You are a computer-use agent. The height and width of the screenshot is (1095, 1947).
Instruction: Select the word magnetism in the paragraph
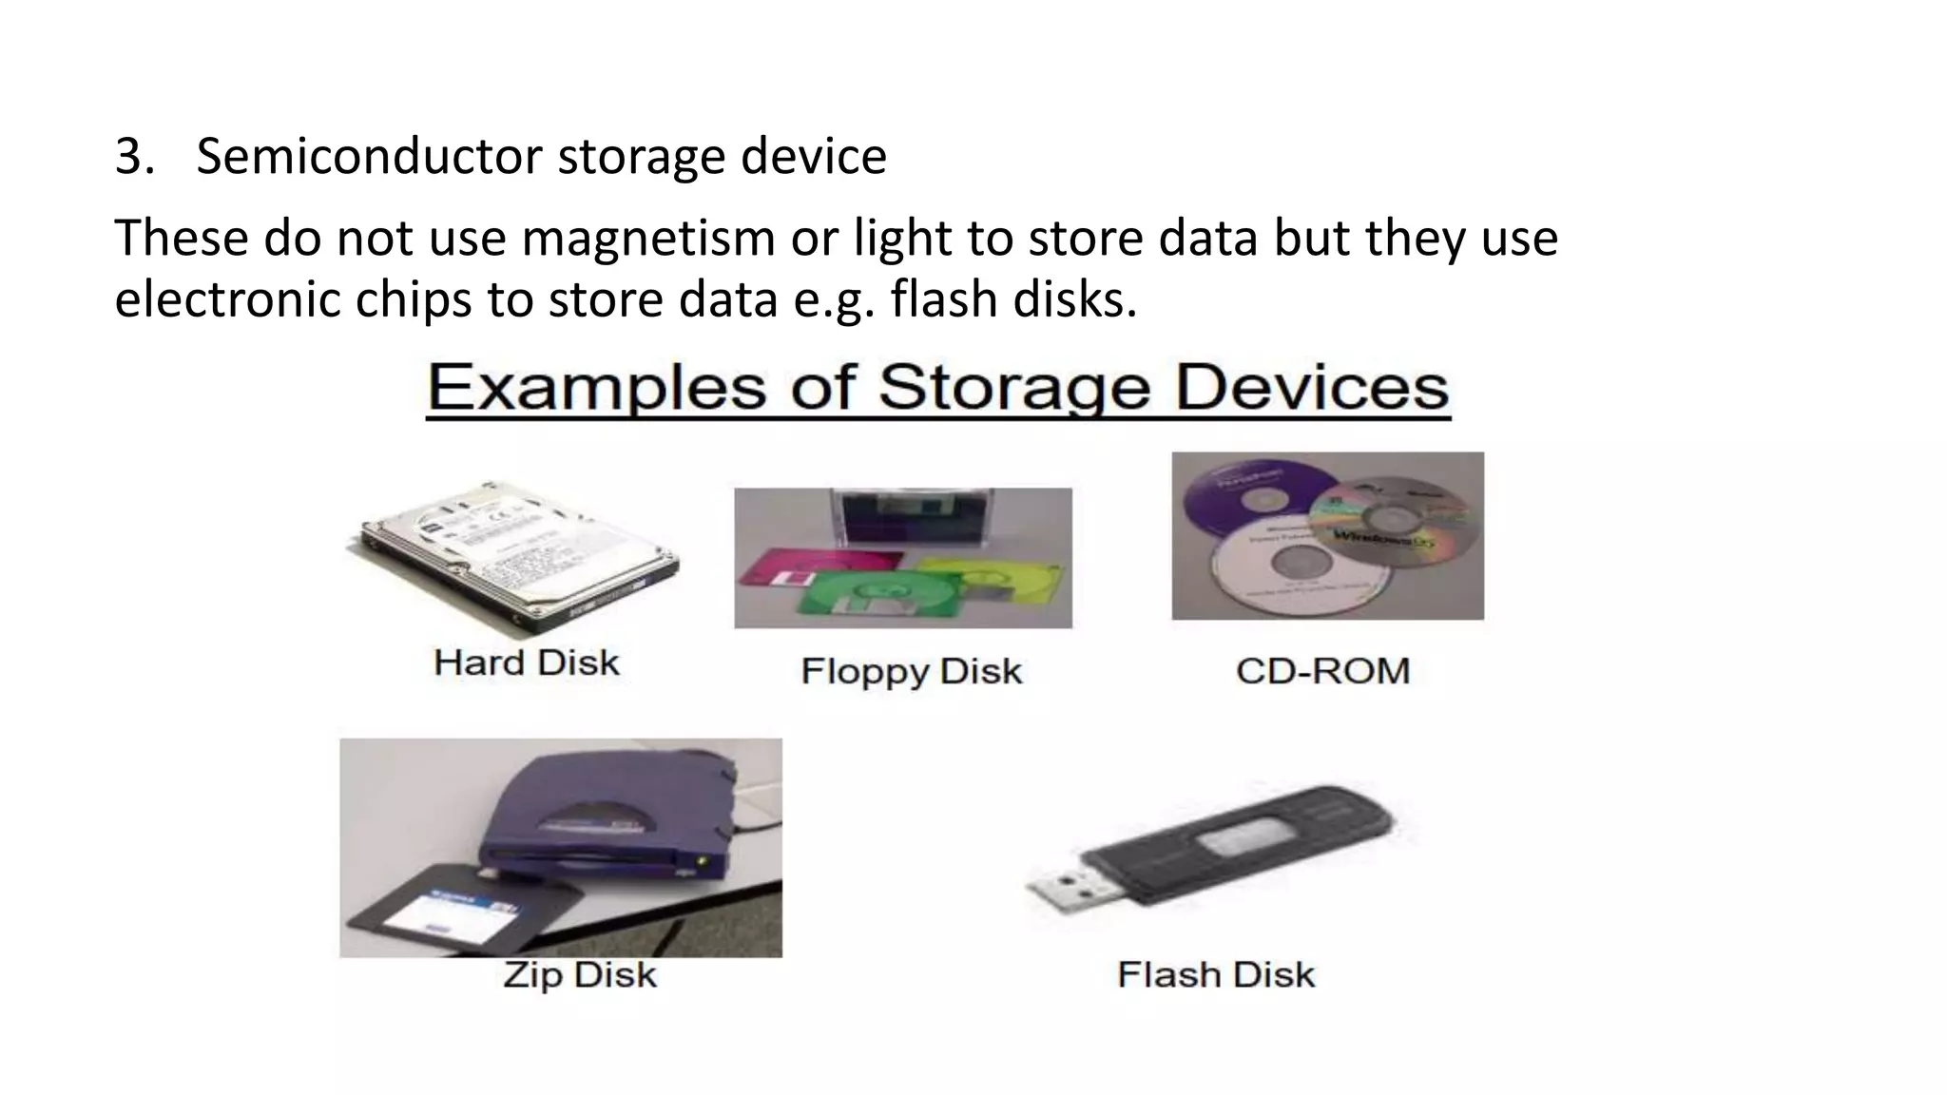point(647,238)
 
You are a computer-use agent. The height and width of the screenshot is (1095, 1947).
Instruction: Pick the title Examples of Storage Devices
point(937,388)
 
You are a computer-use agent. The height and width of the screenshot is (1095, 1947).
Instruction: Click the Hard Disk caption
point(526,663)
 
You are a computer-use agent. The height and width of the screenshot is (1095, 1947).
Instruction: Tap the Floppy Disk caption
point(911,671)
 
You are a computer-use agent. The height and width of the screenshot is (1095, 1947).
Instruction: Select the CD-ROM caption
point(1322,671)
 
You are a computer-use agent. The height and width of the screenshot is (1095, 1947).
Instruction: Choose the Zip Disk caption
point(579,974)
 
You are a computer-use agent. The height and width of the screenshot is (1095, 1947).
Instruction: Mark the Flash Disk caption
point(1216,974)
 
